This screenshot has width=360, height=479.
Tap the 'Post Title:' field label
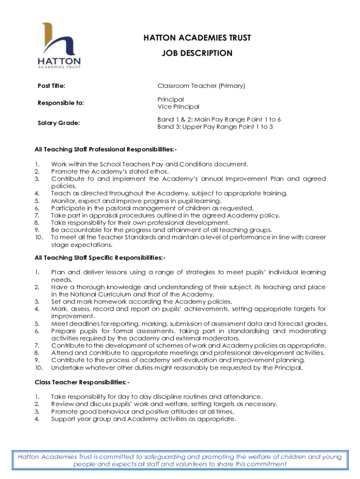tap(51, 86)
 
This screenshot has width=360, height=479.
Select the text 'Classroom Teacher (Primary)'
tap(201, 86)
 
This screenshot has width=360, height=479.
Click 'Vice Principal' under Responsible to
tap(178, 107)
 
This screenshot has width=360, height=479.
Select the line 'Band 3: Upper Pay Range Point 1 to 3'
tap(215, 127)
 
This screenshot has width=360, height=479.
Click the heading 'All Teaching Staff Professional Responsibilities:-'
tap(106, 150)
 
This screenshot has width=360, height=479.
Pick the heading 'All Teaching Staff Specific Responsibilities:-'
tap(100, 258)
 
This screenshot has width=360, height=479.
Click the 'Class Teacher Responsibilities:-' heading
tap(81, 382)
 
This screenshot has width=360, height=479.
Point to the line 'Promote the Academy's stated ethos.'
tap(110, 172)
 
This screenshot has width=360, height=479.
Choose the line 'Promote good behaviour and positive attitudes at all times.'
tap(143, 412)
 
